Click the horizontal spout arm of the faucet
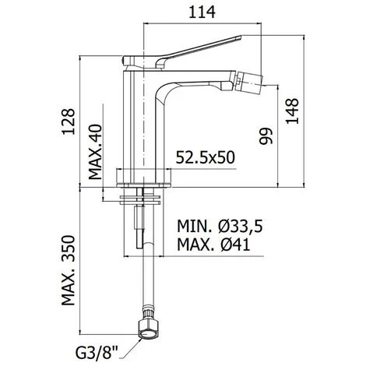point(195,80)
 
